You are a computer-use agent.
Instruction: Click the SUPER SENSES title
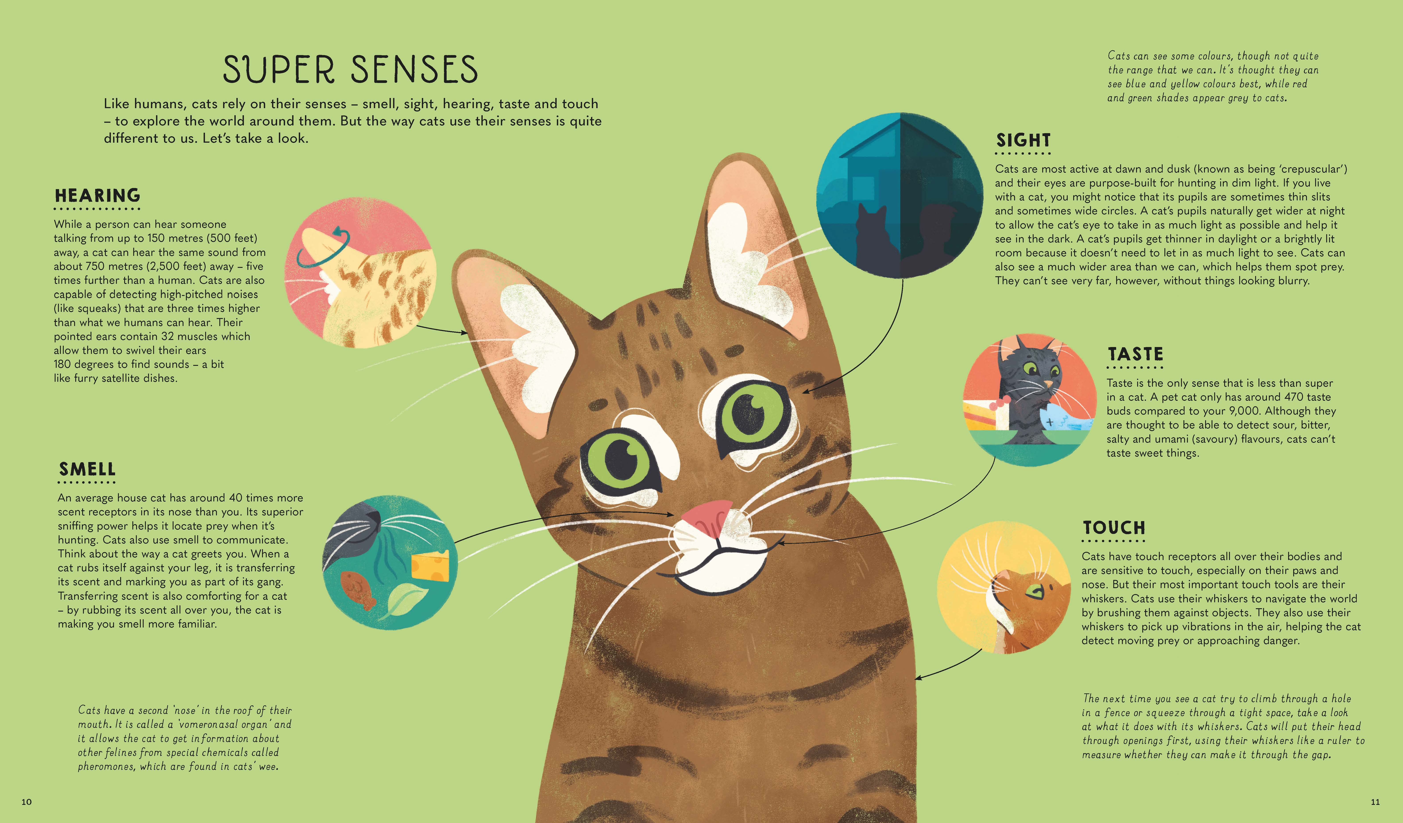click(350, 69)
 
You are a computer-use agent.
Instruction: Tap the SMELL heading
click(87, 469)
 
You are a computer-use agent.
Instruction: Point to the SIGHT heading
click(1023, 140)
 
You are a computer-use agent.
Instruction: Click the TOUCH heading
click(1114, 528)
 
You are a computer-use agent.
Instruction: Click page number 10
click(27, 802)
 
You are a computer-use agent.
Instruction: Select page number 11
click(1375, 802)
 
